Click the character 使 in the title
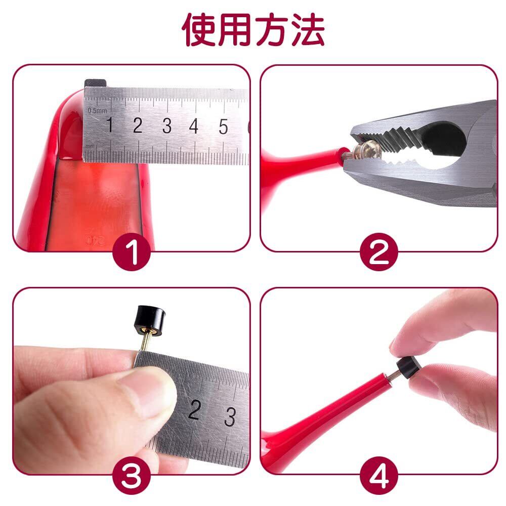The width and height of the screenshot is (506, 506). [199, 30]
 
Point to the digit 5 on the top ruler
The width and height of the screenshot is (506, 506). [223, 126]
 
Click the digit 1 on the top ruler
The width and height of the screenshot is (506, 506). [110, 124]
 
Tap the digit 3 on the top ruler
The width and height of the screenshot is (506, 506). [167, 125]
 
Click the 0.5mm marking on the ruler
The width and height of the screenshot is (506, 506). [97, 111]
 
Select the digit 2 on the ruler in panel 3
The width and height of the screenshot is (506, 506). [194, 409]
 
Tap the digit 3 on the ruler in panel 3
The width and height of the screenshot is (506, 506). [230, 416]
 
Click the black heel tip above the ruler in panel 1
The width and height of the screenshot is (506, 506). [96, 82]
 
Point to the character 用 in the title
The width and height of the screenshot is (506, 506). [235, 30]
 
